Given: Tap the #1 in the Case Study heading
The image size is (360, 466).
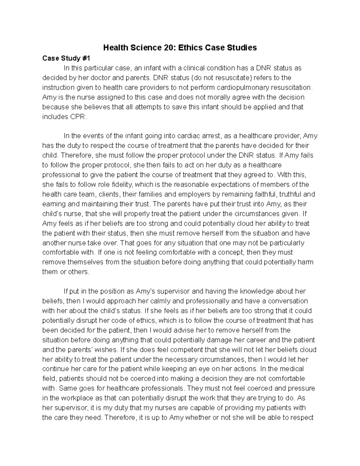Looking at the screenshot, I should click(89, 58).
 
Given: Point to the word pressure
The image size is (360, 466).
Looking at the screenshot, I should click(301, 388).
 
